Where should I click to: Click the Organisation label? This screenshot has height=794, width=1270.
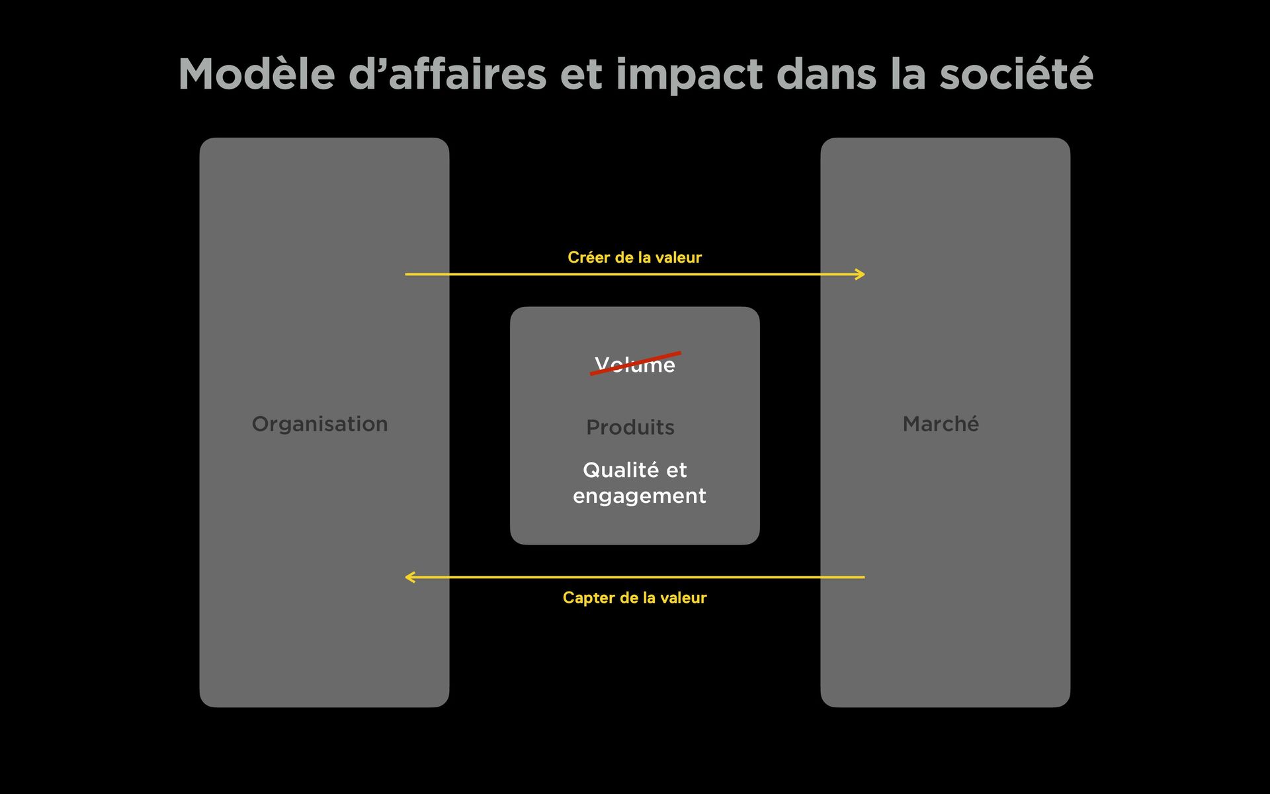tap(319, 424)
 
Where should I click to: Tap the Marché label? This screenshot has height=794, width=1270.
tap(941, 424)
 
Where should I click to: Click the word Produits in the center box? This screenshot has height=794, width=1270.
tap(630, 427)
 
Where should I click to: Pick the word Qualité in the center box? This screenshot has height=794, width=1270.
tap(620, 470)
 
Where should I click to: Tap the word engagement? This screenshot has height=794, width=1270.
tap(639, 496)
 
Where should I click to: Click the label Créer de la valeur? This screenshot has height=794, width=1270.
tap(634, 257)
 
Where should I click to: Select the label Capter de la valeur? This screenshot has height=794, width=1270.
tap(634, 597)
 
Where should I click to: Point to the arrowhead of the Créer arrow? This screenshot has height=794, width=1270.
tap(860, 274)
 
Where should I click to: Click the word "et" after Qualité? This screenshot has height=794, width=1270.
tap(676, 470)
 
